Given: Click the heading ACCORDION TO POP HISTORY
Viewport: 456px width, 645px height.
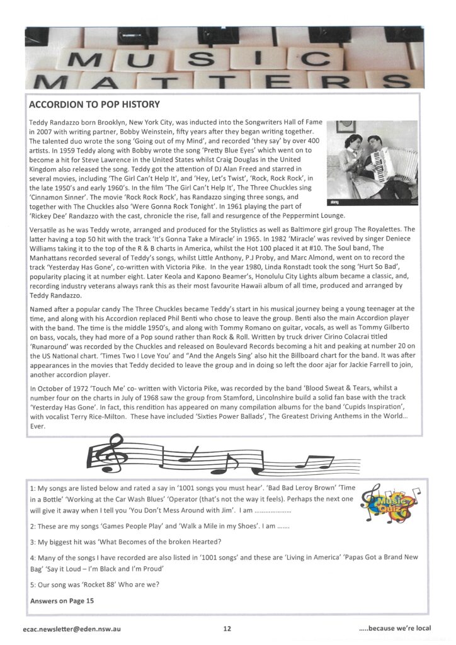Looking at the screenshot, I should [x=94, y=104].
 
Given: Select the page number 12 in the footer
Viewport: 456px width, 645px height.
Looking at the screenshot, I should [x=227, y=628].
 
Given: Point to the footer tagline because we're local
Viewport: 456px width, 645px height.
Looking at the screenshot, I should [x=394, y=628].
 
